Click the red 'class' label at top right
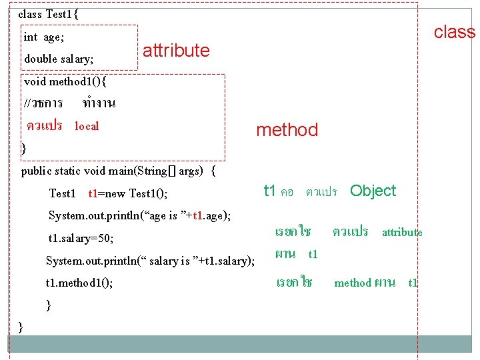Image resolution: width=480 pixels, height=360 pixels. tap(455, 32)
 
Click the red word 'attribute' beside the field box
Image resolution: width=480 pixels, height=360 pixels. tap(176, 51)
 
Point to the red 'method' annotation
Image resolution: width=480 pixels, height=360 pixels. tap(287, 130)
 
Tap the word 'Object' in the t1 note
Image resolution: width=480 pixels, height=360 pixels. tap(373, 191)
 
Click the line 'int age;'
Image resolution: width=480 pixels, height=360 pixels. tap(44, 37)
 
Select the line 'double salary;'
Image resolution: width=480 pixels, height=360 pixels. tap(59, 59)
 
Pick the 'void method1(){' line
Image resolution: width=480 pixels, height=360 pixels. tap(65, 82)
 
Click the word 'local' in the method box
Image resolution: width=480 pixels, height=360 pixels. tap(87, 126)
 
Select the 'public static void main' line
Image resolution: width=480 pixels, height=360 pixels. tap(119, 171)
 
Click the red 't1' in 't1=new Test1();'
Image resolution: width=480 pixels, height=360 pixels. tap(93, 193)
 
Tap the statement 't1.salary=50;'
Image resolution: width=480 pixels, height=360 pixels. tap(81, 238)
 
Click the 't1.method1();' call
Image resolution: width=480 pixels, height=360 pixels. tap(79, 283)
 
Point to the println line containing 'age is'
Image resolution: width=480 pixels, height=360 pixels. tap(140, 215)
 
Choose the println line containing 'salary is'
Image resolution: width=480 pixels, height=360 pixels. tap(150, 261)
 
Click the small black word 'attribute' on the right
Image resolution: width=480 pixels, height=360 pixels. tap(402, 232)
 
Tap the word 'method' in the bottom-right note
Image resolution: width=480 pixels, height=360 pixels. tap(353, 283)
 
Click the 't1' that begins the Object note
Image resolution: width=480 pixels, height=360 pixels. tap(269, 191)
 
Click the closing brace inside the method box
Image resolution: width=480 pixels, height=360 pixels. tap(24, 148)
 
